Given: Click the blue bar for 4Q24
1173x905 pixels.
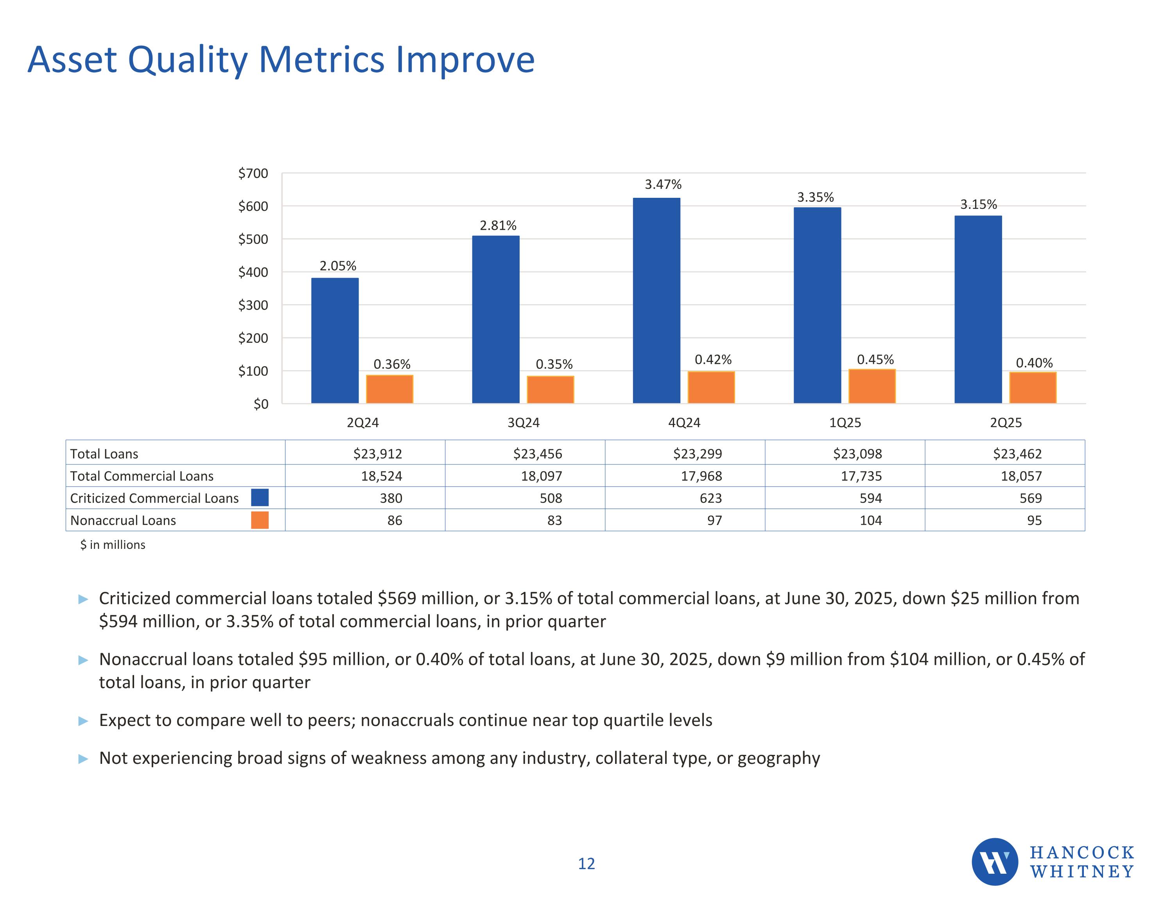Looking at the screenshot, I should [656, 300].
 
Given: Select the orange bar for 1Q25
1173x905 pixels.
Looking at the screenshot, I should [872, 386].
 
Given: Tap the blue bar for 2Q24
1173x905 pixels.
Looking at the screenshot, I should [335, 340].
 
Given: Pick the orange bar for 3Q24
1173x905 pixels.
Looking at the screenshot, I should [550, 389].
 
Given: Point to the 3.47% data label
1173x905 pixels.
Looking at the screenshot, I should [663, 185].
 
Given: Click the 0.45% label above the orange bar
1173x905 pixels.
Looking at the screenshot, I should [875, 359].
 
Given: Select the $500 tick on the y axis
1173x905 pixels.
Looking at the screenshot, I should [253, 239].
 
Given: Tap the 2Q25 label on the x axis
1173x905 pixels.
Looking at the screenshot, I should [1005, 423].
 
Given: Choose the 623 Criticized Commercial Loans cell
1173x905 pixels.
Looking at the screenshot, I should [710, 498].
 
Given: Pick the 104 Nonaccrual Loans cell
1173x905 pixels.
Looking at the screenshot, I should [870, 520].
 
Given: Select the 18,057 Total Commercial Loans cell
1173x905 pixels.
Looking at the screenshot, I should [1021, 476].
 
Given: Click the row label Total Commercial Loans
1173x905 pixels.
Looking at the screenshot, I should [142, 476].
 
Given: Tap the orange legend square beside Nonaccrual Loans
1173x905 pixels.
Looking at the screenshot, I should [260, 520].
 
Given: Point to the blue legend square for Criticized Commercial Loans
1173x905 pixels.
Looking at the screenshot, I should [260, 497].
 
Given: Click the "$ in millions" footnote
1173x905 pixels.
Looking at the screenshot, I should [113, 545].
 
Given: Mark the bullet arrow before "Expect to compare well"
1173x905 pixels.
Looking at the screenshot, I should [83, 721].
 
